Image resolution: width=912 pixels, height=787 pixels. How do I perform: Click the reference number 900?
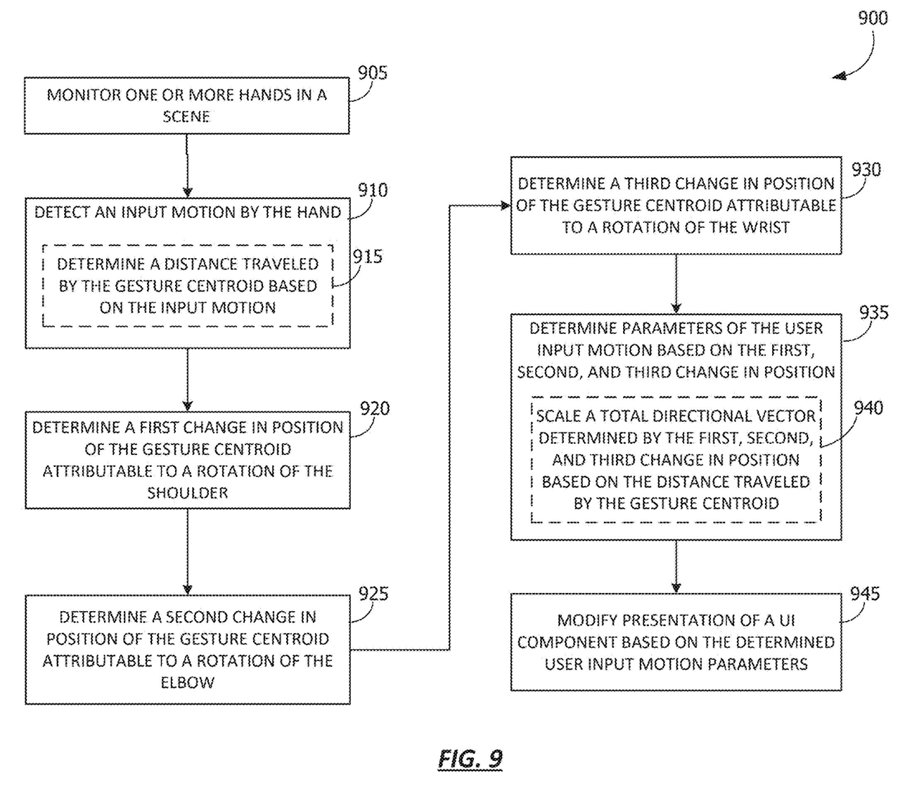point(873,18)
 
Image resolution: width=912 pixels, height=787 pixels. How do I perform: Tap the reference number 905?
point(373,73)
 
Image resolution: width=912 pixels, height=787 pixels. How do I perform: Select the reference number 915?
point(368,257)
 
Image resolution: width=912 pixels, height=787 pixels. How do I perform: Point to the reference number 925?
point(373,594)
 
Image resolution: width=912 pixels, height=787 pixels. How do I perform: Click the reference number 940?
point(868,408)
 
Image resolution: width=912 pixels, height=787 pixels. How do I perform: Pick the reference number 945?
point(864,594)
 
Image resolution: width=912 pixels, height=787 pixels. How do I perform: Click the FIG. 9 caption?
point(470,759)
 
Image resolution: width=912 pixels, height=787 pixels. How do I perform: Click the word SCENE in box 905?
point(186,117)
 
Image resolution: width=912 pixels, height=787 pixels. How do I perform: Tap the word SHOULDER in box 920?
point(188,493)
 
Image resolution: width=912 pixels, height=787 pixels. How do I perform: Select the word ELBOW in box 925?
point(187,682)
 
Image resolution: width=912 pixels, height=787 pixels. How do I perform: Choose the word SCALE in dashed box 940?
point(558,416)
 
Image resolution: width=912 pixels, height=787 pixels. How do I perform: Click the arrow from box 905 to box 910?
point(187,166)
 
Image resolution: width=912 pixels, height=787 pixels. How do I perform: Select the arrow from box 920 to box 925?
point(187,552)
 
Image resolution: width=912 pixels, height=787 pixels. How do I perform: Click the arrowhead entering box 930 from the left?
point(504,205)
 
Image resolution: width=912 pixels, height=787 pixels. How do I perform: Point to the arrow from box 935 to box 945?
point(676,567)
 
